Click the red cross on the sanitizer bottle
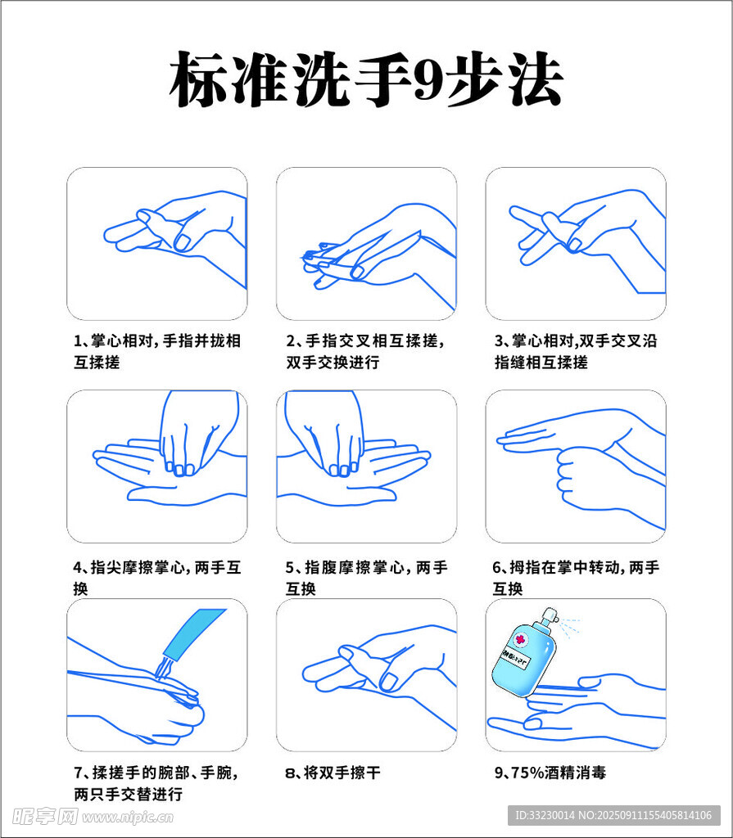pos(519,640)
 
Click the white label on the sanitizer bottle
pos(514,660)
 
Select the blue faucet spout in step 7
pos(193,634)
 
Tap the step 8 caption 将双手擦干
pos(342,773)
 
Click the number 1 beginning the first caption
pos(76,341)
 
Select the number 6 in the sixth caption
pos(496,568)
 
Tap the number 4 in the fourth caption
pos(77,568)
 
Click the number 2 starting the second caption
pos(290,341)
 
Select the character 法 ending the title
pos(536,79)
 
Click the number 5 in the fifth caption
pos(289,568)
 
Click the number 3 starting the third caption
pos(498,341)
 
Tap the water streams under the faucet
pos(163,669)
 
